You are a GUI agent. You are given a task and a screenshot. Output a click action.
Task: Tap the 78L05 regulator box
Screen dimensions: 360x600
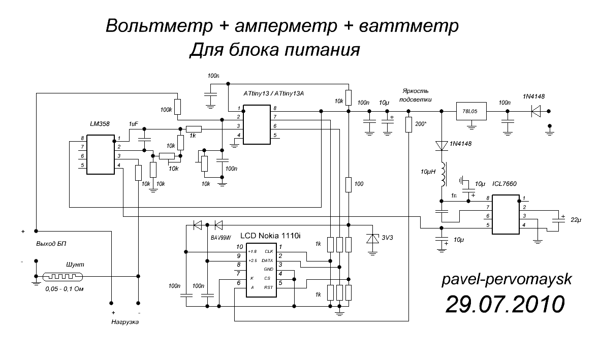(471, 110)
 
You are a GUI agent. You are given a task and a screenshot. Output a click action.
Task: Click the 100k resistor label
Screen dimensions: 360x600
(166, 109)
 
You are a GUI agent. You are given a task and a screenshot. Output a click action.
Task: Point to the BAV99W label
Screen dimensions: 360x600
(220, 237)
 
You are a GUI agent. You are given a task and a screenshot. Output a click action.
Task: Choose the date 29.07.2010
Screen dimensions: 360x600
(504, 304)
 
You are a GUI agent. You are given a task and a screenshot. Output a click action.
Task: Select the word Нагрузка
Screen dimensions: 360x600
(124, 322)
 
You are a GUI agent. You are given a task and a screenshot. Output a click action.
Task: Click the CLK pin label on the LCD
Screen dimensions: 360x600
(269, 251)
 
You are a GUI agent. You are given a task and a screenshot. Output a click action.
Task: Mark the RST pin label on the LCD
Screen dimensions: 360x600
(269, 287)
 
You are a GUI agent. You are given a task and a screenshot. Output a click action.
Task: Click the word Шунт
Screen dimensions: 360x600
(74, 265)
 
